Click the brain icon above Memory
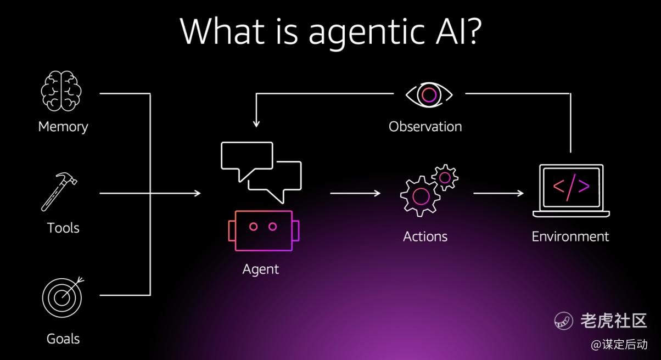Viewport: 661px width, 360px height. click(61, 91)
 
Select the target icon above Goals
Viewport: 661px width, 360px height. click(63, 297)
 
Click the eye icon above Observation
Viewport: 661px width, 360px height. click(429, 95)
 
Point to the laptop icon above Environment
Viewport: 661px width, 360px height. click(571, 191)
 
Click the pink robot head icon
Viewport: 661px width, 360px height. click(264, 230)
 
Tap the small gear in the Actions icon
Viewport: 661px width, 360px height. click(445, 178)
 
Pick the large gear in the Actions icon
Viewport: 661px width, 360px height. click(421, 196)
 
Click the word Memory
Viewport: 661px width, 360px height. click(63, 127)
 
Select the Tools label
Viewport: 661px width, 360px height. click(63, 228)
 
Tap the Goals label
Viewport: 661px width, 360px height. click(63, 339)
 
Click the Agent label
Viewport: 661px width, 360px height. click(261, 269)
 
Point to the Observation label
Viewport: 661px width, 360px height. click(425, 127)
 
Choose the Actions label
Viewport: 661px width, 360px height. click(425, 237)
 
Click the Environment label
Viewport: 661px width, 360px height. click(570, 237)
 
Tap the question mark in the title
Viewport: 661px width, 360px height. click(472, 30)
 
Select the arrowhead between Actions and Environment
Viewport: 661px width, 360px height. click(520, 193)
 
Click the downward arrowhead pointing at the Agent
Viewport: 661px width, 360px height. click(256, 124)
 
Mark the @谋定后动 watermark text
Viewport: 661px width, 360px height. click(619, 345)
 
